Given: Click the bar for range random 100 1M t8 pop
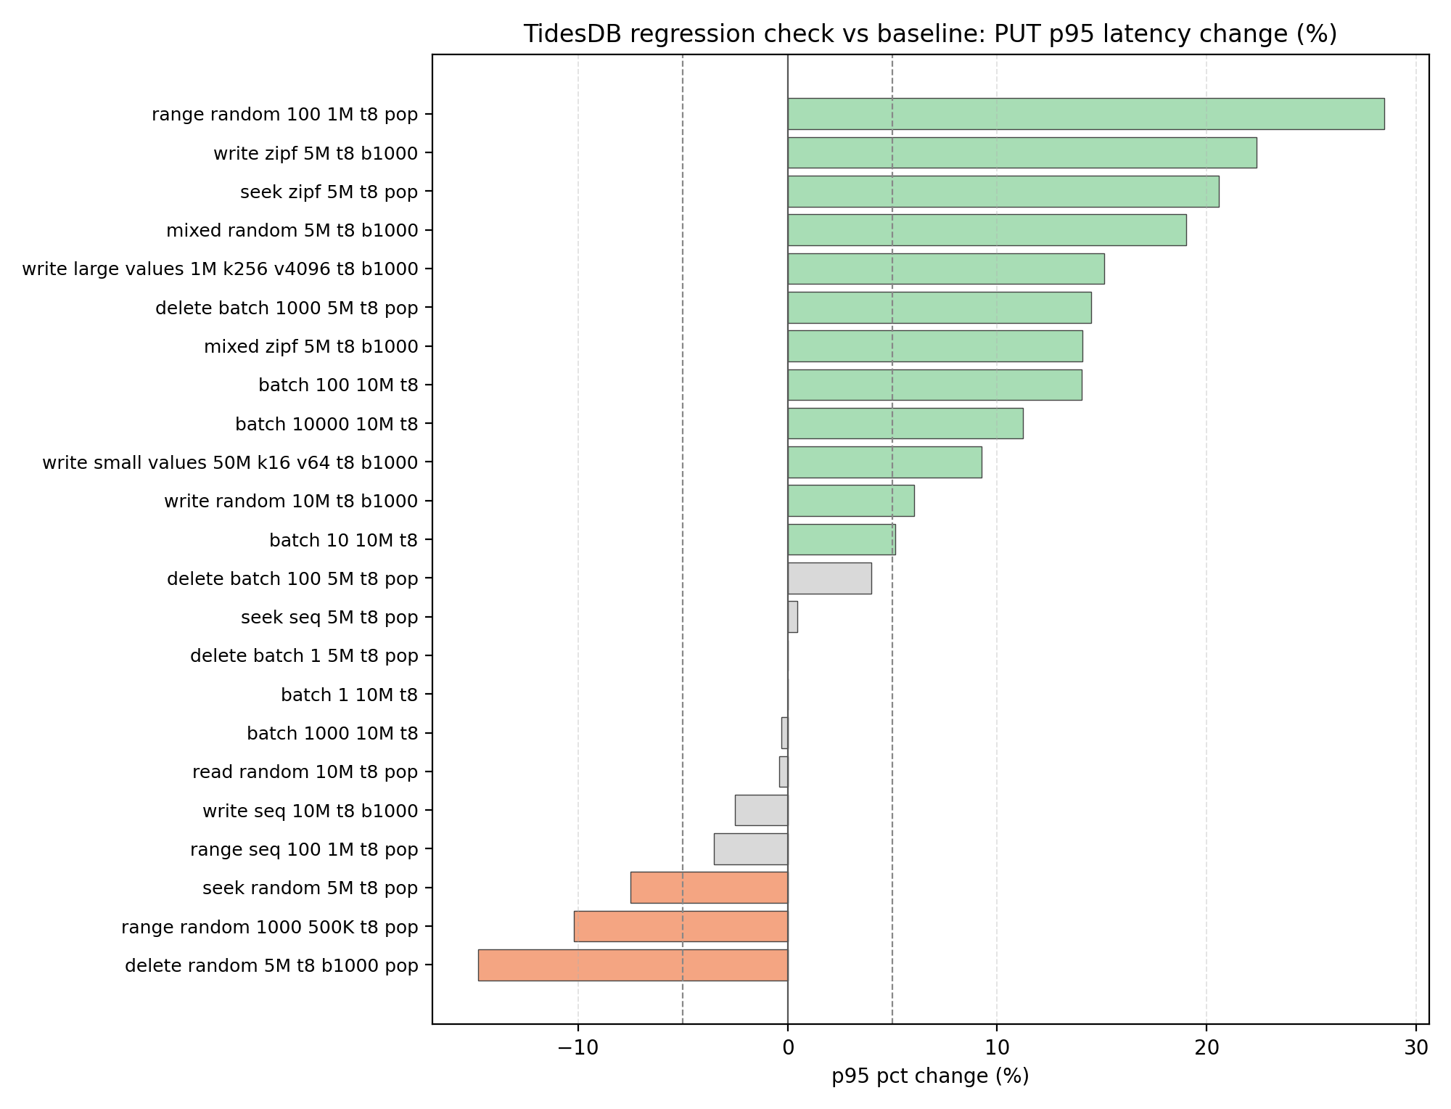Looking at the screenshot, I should click(1085, 114).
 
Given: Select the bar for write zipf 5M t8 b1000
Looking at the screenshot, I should click(1022, 152).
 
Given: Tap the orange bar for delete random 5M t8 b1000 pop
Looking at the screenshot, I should click(633, 965).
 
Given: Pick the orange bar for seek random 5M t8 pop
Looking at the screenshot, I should click(709, 888).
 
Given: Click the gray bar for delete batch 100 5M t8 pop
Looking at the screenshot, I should click(829, 578).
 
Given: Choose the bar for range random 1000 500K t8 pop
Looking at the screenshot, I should click(681, 926).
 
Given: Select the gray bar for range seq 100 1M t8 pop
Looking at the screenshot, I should click(751, 849).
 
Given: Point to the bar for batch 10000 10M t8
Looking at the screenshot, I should click(905, 423).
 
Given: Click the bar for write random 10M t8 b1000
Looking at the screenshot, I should click(850, 501).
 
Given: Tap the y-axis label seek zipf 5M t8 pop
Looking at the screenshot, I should click(329, 192).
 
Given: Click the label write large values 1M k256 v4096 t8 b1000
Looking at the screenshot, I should click(220, 269).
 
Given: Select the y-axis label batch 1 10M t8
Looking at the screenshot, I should click(349, 695).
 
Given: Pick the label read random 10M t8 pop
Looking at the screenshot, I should click(305, 772).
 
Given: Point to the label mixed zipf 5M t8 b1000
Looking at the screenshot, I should click(311, 346).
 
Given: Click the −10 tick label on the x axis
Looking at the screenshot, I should click(577, 1048).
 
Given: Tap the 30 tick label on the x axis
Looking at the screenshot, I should click(1416, 1048).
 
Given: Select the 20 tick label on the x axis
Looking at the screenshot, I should click(1207, 1048).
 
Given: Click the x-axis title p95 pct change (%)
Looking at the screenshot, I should click(930, 1076).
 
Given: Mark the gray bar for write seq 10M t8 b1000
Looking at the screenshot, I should click(761, 810).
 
